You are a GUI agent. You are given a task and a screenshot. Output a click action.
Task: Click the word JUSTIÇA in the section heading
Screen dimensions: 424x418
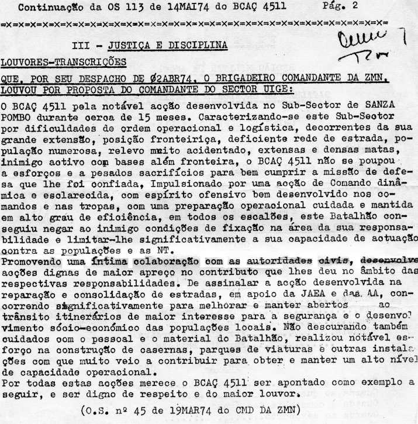click(x=130, y=45)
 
